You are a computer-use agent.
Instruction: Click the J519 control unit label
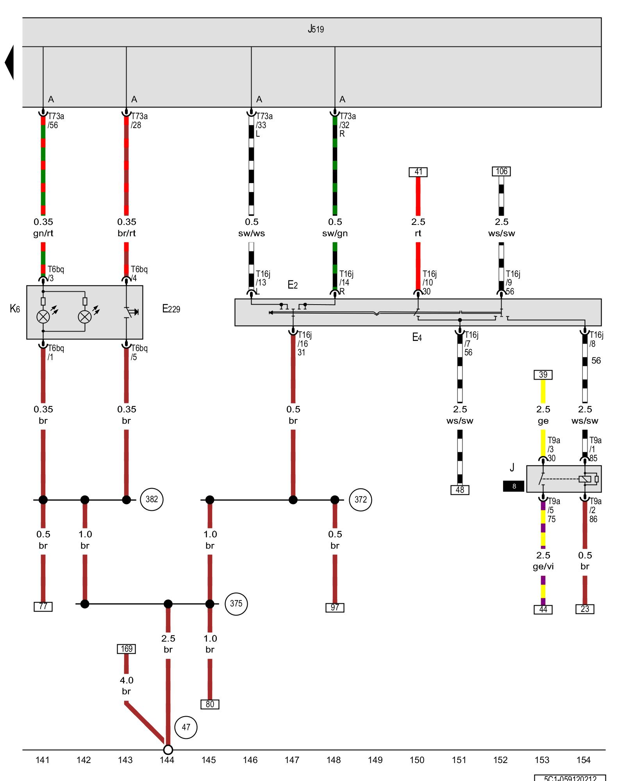coord(316,29)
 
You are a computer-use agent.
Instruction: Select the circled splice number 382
coord(152,499)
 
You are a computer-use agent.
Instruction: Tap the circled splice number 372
coord(361,499)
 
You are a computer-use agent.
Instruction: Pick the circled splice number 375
coord(236,603)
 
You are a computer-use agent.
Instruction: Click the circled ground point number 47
coord(186,727)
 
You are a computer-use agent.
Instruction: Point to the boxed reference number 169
coord(126,649)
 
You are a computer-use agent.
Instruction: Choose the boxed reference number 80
coord(210,704)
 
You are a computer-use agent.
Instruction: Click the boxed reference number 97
coord(335,607)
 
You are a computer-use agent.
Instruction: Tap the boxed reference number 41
coord(418,172)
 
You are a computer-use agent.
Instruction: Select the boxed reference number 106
coord(502,171)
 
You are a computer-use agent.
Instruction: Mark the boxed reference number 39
coord(543,374)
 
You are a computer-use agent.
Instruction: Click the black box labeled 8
coord(514,486)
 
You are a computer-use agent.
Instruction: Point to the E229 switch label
coord(171,309)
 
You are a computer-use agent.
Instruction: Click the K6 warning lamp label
coord(15,309)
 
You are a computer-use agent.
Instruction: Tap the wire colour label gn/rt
coord(43,233)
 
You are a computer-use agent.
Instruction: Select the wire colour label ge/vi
coord(543,566)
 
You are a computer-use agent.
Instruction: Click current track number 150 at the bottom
coord(417,760)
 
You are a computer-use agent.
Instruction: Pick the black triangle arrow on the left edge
coord(10,62)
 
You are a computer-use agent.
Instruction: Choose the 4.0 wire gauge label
coord(126,680)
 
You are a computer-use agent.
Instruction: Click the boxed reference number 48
coord(460,490)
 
